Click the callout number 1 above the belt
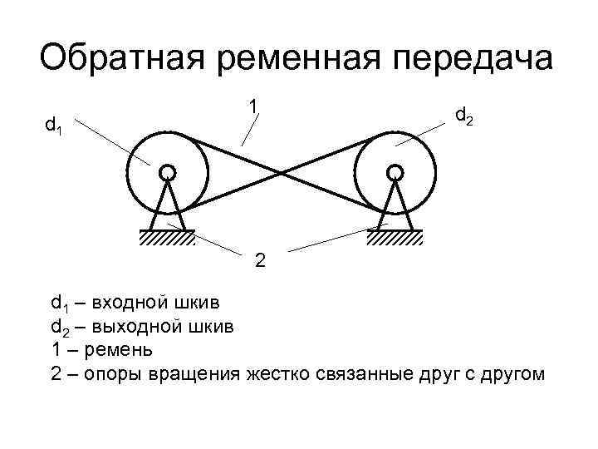252,106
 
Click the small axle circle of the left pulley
167,172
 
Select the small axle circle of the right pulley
395,172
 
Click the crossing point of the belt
282,173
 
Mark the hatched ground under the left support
167,238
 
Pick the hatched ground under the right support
395,238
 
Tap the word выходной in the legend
134,325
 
